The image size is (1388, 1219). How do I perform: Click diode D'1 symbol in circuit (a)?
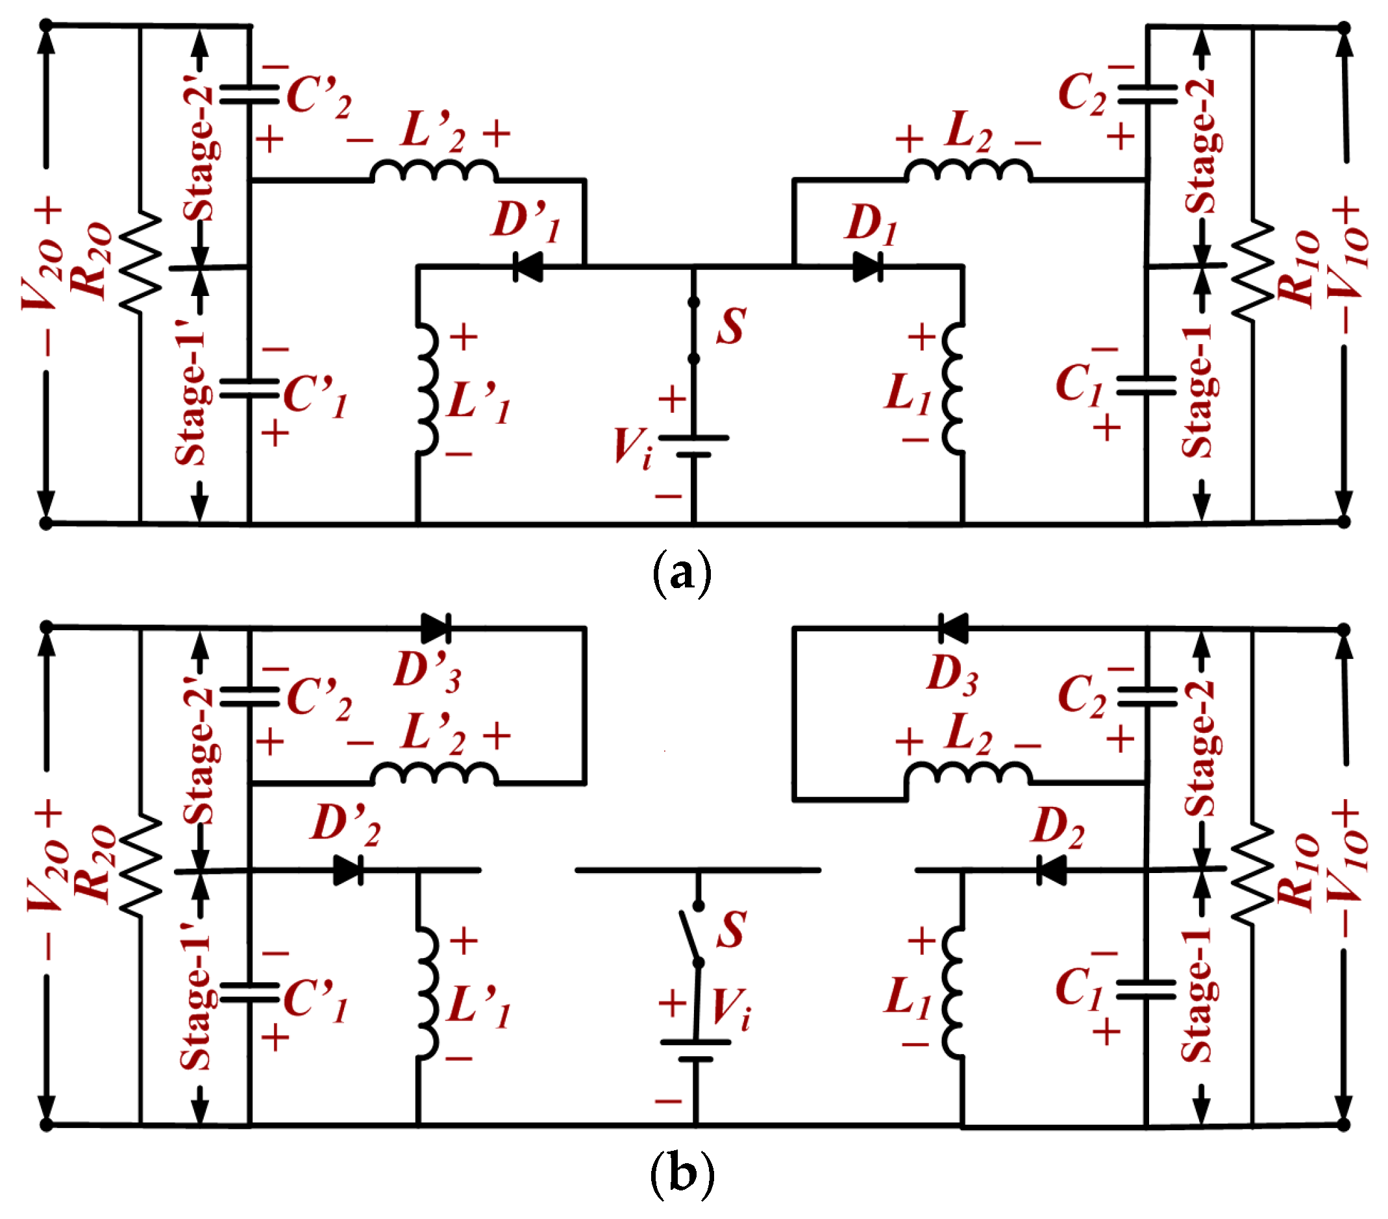coord(528,266)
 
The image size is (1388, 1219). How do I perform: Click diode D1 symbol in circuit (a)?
coord(868,266)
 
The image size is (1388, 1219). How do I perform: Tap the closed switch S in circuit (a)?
coord(693,330)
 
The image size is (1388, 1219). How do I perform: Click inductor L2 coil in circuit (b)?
coord(968,774)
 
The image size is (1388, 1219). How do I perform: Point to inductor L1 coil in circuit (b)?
coord(954,993)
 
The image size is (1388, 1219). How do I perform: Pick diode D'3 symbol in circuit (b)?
coord(435,628)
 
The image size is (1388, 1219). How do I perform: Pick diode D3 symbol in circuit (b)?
coord(953,628)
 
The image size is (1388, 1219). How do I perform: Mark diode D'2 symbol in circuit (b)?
coord(349,870)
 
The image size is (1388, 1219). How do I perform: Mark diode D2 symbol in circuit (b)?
coord(1052,870)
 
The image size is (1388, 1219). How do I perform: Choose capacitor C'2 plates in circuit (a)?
coord(249,94)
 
